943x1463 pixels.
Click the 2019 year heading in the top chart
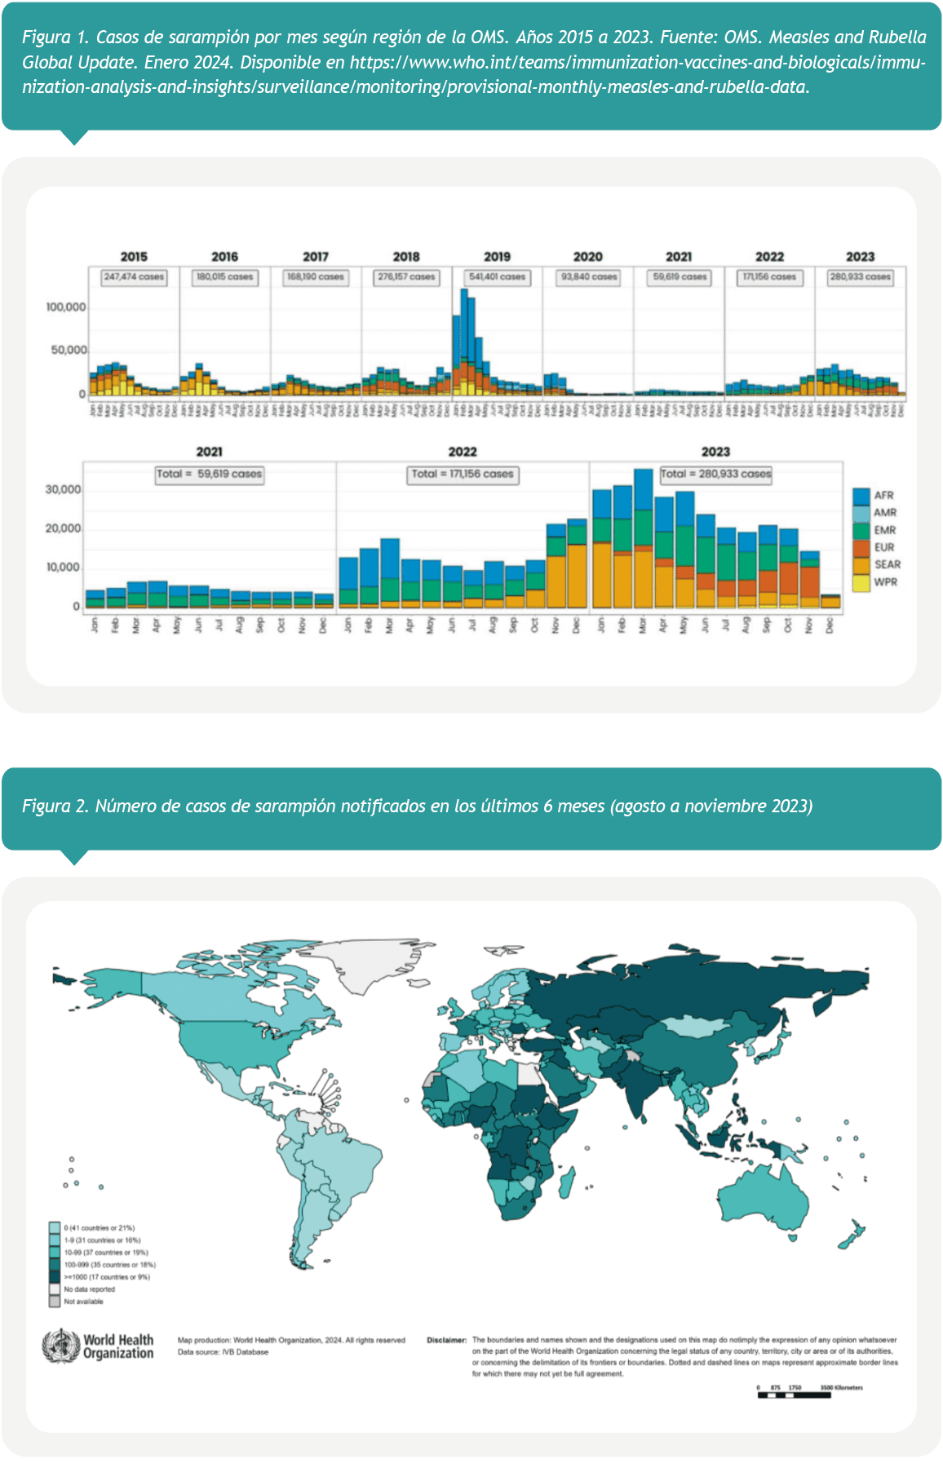coord(497,256)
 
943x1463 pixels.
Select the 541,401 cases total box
coord(497,277)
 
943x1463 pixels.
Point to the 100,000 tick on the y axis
coord(66,307)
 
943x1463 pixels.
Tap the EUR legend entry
coord(884,547)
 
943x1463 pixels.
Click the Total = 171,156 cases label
coord(463,474)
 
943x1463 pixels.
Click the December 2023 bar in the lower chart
coord(830,601)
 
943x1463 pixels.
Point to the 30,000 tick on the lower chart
coord(63,490)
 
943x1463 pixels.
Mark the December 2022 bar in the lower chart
coord(577,564)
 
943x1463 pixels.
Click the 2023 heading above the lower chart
coord(715,452)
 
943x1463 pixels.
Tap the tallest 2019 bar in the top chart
coord(464,343)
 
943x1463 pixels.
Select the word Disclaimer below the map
coord(446,1340)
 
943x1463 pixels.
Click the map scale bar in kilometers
coord(795,1395)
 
